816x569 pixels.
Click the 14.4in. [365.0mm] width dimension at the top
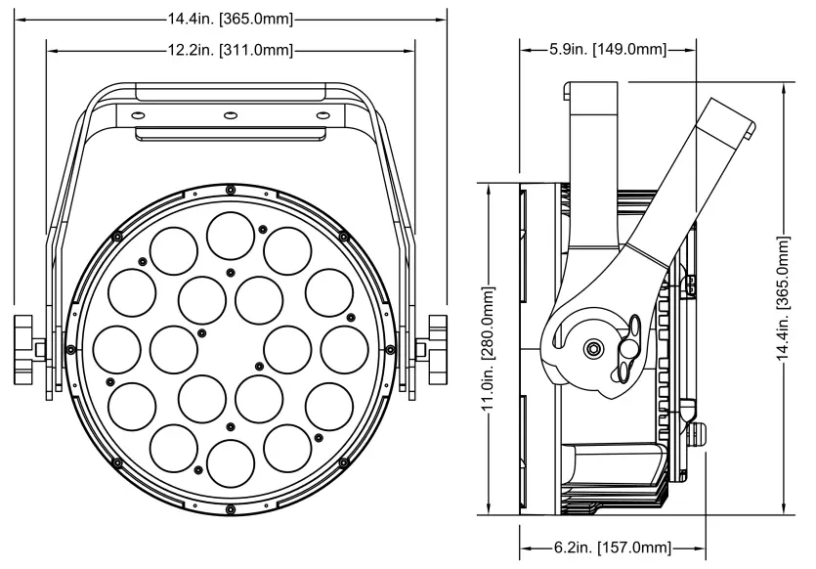pos(231,18)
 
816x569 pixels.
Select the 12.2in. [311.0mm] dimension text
pos(231,49)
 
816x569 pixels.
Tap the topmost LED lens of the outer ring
pos(230,234)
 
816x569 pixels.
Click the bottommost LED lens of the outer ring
pos(230,462)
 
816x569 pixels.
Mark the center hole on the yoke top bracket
pos(230,115)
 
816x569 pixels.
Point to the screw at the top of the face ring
pos(230,188)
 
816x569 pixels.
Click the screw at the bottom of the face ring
pos(230,509)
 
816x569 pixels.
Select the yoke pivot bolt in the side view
pos(593,349)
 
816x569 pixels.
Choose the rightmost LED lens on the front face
pos(343,349)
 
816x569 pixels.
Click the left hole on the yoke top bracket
pos(135,115)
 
